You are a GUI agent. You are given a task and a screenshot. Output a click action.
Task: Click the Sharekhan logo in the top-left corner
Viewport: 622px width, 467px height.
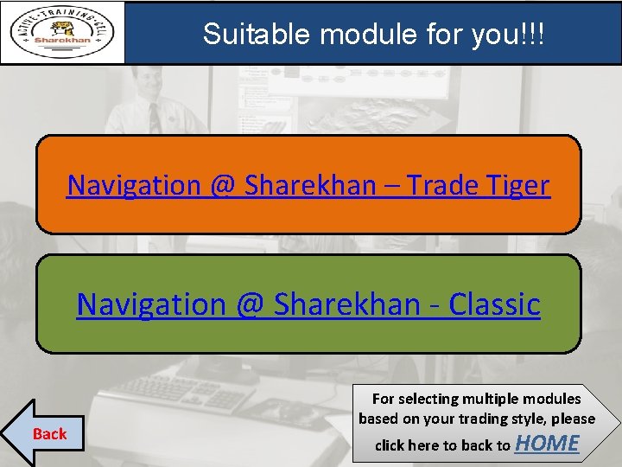[62, 33]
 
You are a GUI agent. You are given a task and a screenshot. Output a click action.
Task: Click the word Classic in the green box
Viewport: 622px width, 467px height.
[494, 304]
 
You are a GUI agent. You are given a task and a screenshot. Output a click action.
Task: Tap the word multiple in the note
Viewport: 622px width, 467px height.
[493, 399]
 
